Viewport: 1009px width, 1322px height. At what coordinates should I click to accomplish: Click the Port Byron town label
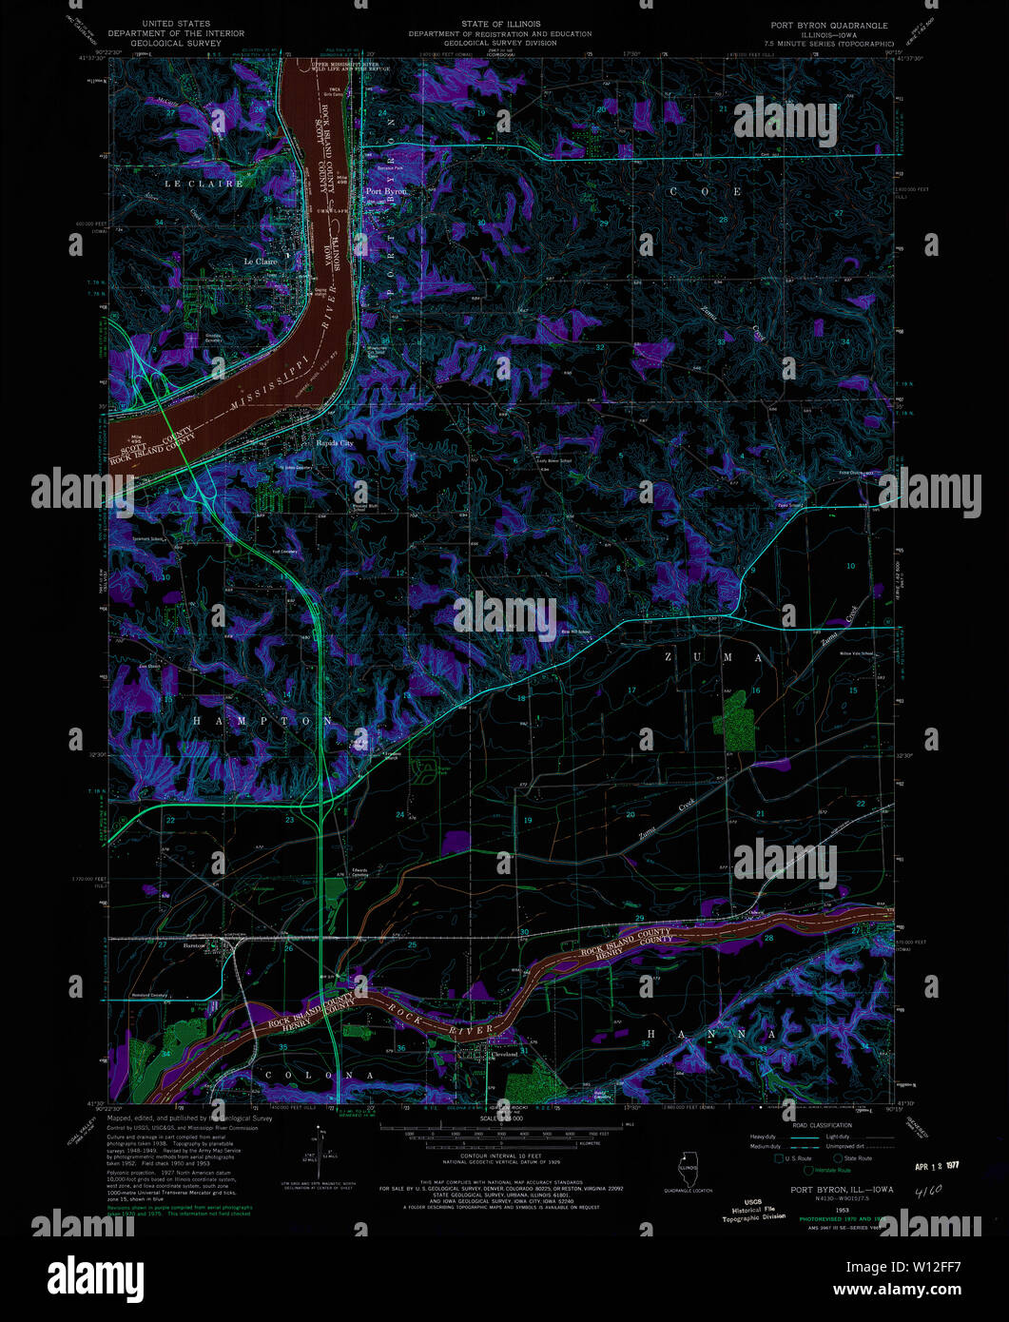[x=386, y=191]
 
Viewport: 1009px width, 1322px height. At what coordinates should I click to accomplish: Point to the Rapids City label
[x=335, y=443]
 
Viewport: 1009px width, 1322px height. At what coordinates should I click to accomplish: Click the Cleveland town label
[x=503, y=1055]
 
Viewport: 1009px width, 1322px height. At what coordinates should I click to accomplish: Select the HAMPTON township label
[x=263, y=721]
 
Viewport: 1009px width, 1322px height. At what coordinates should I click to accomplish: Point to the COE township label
[x=706, y=191]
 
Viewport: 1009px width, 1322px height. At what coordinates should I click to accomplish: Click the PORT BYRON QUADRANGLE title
[x=829, y=26]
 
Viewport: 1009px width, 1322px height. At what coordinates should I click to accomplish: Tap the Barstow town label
[x=196, y=946]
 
